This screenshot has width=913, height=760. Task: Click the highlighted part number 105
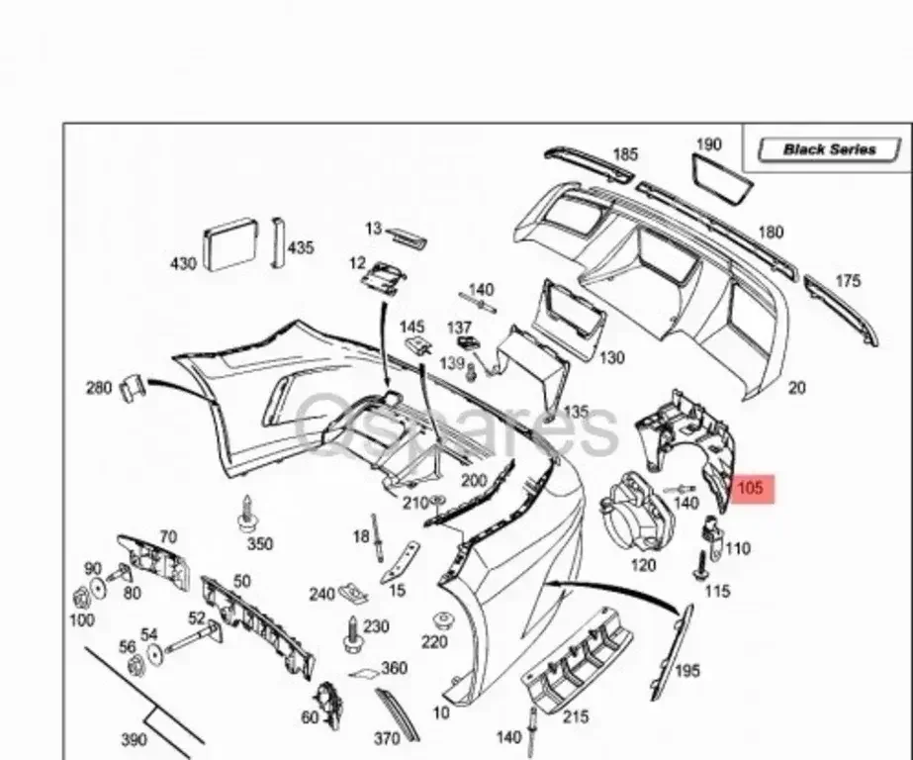point(750,488)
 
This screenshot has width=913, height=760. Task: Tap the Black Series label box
point(829,149)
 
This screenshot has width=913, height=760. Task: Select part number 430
point(183,263)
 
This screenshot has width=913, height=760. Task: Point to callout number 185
point(624,154)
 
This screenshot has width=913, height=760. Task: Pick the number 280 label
point(99,387)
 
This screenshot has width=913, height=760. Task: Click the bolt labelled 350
point(246,516)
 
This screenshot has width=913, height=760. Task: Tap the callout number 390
point(134,739)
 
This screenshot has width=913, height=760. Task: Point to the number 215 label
point(575,715)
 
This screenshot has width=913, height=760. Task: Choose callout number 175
point(848,281)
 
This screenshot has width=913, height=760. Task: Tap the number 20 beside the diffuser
point(796,388)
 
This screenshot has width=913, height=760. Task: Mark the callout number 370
point(388,738)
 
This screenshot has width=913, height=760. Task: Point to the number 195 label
point(686,670)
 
